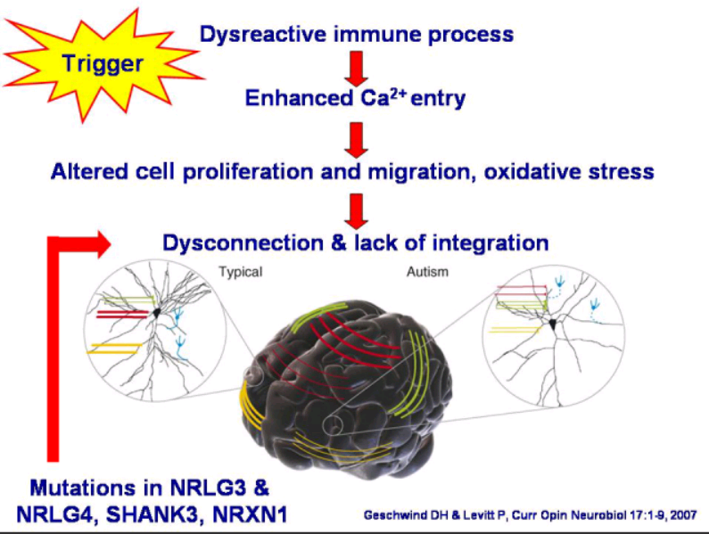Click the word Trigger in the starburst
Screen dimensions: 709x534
(103, 64)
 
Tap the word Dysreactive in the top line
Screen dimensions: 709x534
(263, 35)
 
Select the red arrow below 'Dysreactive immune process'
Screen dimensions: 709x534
(357, 69)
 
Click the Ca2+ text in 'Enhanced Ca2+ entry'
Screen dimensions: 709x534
(383, 97)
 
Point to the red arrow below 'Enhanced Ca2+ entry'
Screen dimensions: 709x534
(357, 140)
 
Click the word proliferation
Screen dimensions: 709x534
(248, 172)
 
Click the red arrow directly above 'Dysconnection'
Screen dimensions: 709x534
(357, 211)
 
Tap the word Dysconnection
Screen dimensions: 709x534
(243, 242)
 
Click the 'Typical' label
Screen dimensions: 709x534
(241, 272)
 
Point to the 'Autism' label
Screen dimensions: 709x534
(427, 272)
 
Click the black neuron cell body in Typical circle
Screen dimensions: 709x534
(156, 313)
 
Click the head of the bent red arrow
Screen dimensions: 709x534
(104, 244)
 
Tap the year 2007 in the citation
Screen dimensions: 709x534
(683, 515)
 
